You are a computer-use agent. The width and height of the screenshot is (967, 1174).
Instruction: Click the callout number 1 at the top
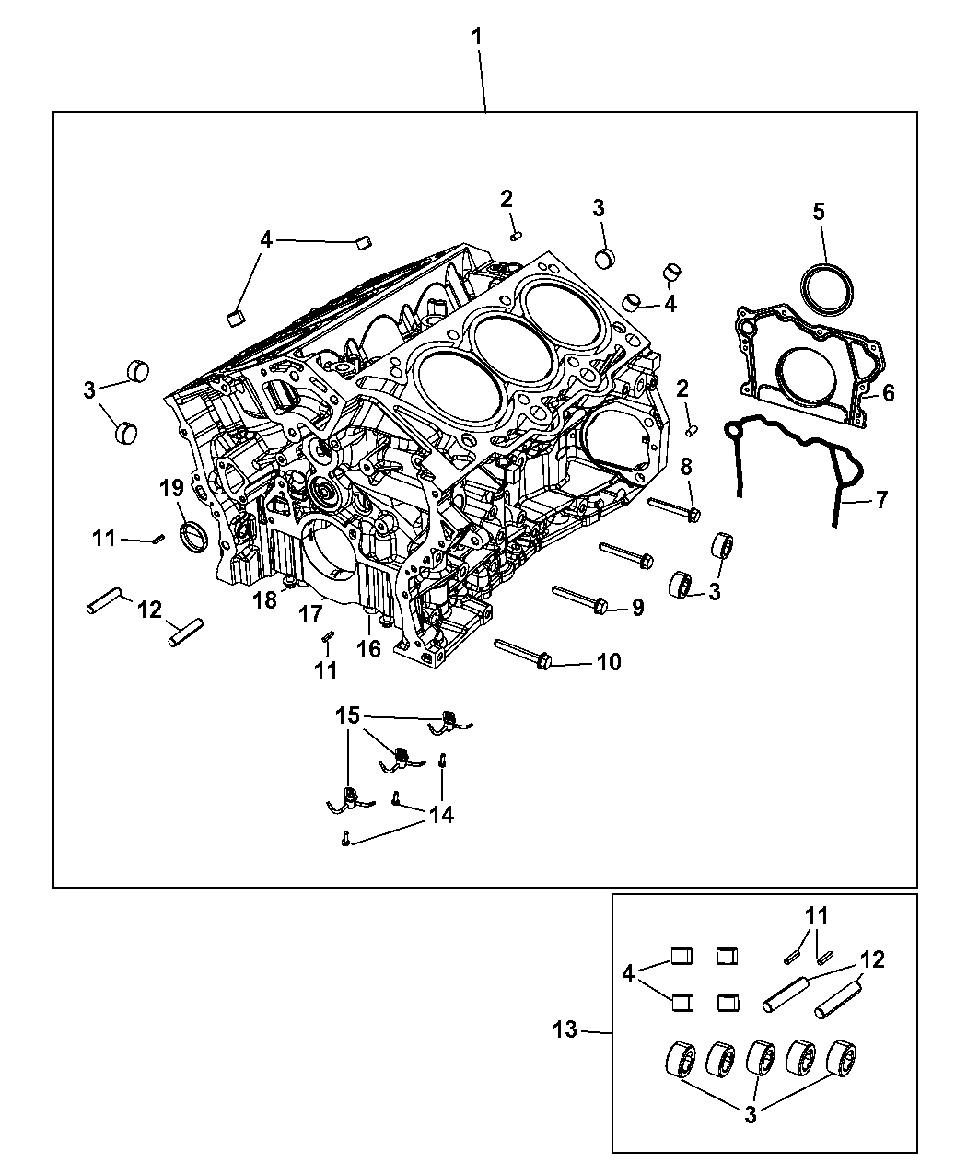(476, 38)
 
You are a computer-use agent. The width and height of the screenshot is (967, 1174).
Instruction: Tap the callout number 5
(819, 212)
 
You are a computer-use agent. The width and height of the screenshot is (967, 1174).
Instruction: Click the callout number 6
(888, 393)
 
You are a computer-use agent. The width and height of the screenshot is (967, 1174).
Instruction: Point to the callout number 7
(881, 499)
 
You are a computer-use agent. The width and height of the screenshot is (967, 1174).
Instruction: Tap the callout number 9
(637, 607)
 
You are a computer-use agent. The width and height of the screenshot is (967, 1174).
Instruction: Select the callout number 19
(171, 488)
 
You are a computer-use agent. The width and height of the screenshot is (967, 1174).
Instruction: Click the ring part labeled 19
(193, 537)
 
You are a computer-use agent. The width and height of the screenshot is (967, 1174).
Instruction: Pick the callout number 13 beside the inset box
(565, 1029)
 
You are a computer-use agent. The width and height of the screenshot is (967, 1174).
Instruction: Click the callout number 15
(347, 715)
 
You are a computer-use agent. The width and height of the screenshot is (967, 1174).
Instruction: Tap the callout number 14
(441, 815)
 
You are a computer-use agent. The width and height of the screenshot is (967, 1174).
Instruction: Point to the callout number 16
(369, 649)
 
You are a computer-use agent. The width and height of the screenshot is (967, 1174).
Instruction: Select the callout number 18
(264, 600)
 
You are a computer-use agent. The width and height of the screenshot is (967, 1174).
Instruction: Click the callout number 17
(310, 614)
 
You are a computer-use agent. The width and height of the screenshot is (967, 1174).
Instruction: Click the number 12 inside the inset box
(872, 959)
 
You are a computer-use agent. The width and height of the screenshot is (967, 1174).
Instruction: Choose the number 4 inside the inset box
(628, 972)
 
